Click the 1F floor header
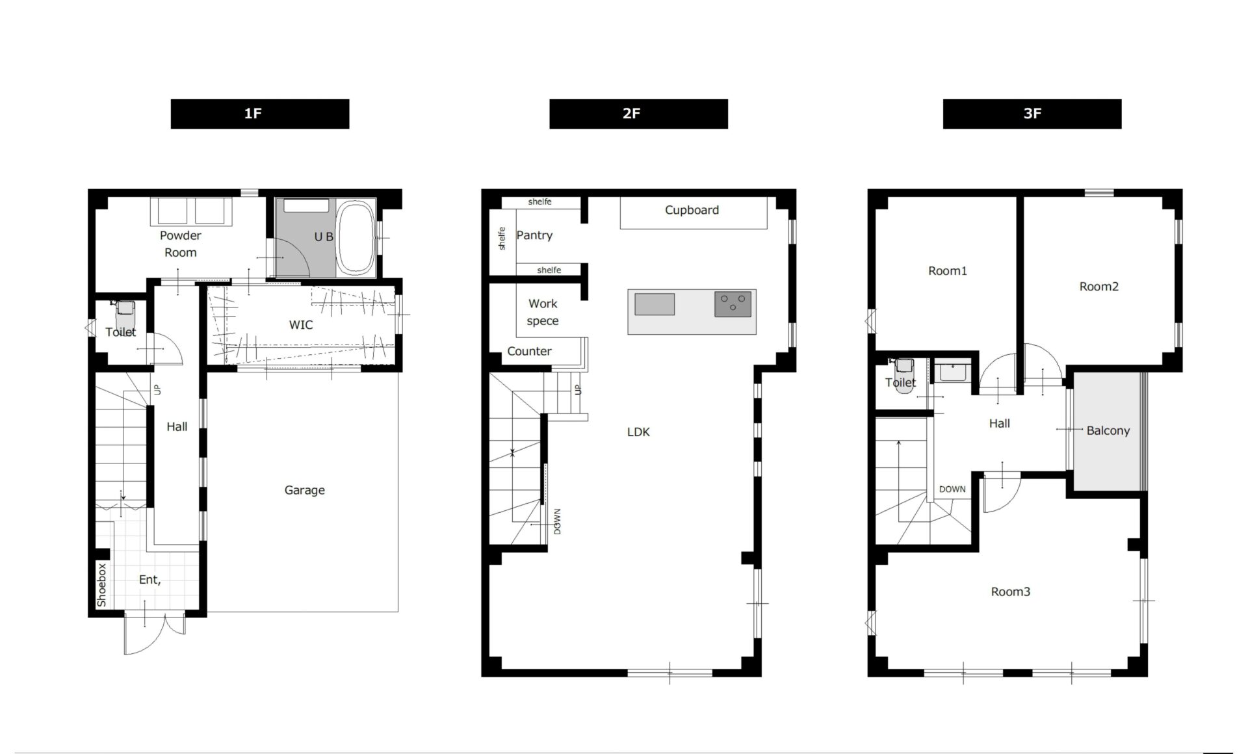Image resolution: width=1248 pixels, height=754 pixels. click(x=260, y=114)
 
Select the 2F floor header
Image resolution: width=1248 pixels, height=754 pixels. click(x=638, y=114)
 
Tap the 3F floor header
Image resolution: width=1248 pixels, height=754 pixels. click(x=1032, y=114)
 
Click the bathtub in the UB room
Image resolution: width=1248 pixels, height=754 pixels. click(x=355, y=238)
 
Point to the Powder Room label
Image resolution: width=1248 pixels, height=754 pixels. click(x=181, y=244)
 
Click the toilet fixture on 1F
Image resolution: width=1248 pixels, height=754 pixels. click(x=125, y=315)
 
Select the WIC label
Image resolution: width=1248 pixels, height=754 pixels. click(x=301, y=324)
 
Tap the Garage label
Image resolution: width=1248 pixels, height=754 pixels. click(x=304, y=490)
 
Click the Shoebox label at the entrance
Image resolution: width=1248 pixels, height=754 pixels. click(x=101, y=585)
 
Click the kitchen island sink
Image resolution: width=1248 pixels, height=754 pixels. click(x=655, y=304)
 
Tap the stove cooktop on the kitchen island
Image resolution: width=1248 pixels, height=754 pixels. click(x=733, y=304)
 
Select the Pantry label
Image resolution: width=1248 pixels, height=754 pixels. click(x=534, y=235)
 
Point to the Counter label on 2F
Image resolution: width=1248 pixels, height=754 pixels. click(x=529, y=351)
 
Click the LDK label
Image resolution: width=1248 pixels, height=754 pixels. click(x=638, y=432)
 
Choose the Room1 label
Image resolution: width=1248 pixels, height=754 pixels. click(x=948, y=271)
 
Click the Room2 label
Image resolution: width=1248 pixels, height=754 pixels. click(x=1099, y=287)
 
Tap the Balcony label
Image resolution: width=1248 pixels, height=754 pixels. click(x=1108, y=430)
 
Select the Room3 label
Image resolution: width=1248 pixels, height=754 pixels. click(x=1011, y=591)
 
